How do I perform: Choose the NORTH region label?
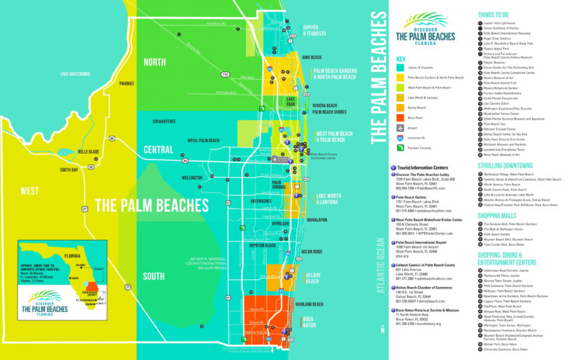coord(154,64)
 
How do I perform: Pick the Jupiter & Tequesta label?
coord(314,30)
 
